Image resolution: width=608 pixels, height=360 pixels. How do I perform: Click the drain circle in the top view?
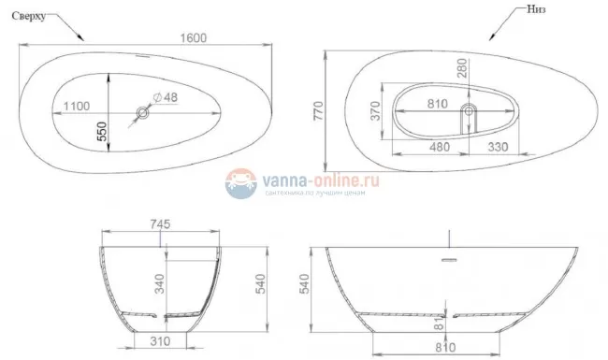pos(143,114)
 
